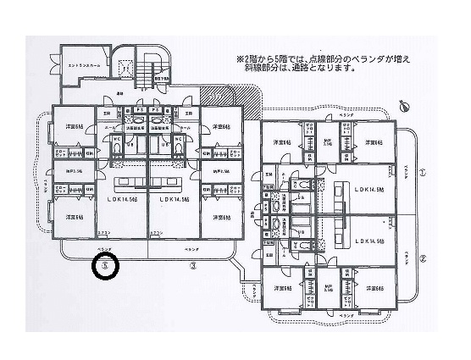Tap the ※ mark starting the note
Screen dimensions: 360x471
[x=239, y=59]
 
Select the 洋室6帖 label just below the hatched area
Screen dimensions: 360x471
[x=222, y=127]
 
